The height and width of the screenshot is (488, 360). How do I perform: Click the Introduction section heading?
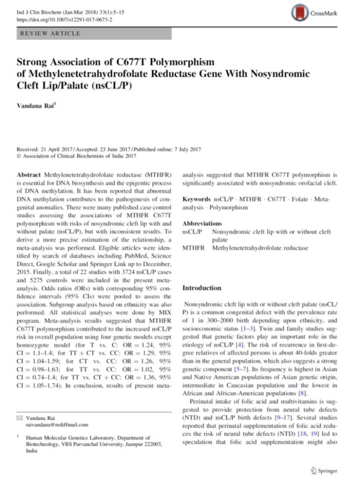click(x=202, y=288)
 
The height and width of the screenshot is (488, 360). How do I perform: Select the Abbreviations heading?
click(x=202, y=224)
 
